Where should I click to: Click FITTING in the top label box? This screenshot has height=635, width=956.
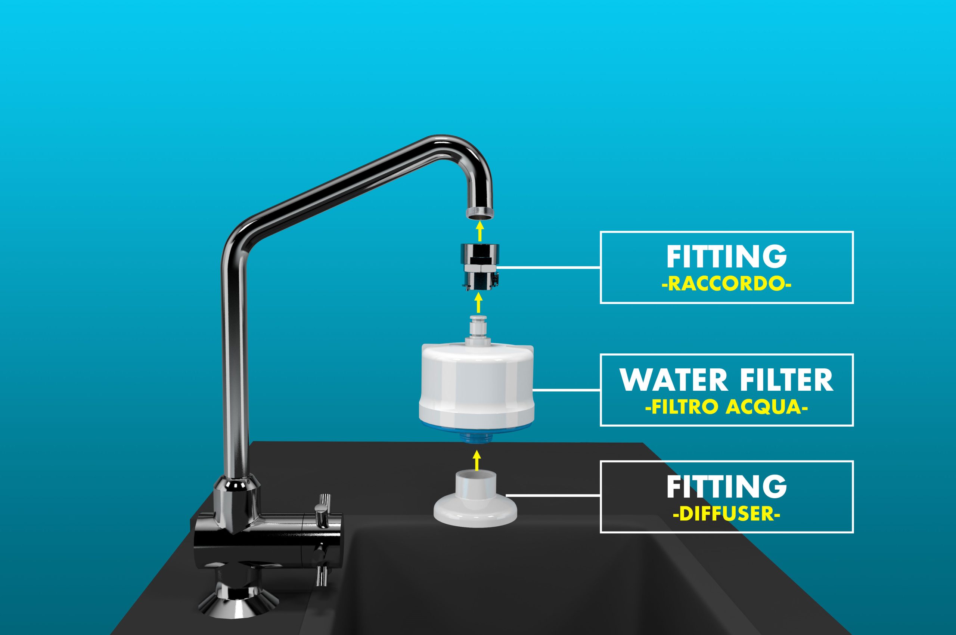(x=727, y=257)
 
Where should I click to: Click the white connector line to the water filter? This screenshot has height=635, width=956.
(x=567, y=390)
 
